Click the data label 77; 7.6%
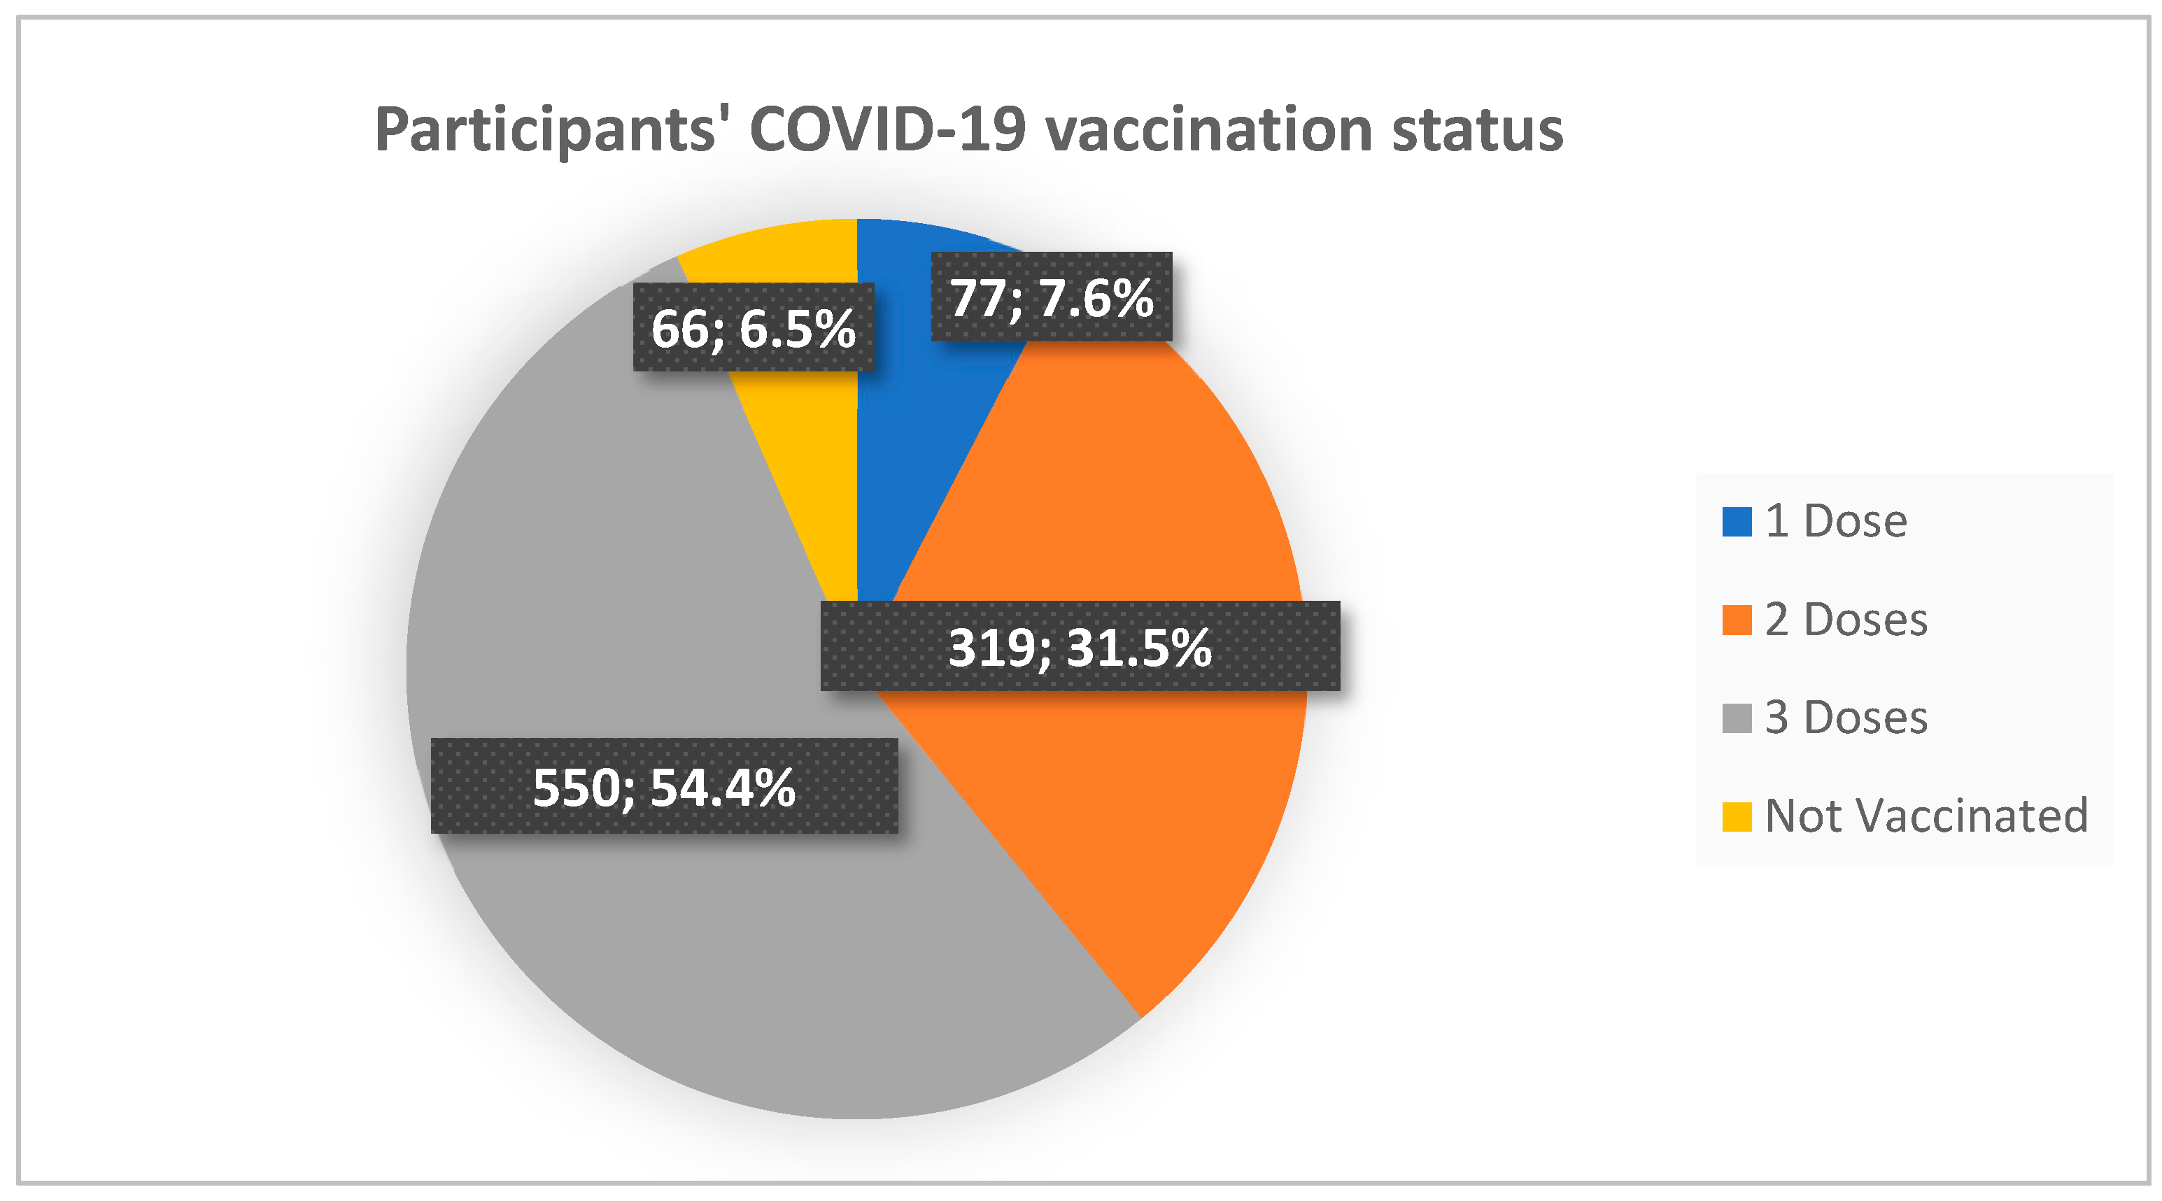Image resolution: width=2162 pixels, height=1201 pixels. coord(1052,297)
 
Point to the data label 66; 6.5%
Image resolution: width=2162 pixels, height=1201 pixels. coord(754,327)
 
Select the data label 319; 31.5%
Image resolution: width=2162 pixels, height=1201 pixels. coord(1080,647)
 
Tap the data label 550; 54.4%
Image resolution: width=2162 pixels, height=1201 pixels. coord(664,786)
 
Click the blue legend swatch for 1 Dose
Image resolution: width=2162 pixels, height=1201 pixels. coord(1737,521)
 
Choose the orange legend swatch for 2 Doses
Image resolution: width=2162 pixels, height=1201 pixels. coord(1737,619)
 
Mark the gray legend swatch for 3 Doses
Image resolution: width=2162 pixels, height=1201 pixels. coord(1737,718)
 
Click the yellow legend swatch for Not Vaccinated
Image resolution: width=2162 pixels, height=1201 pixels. coord(1737,816)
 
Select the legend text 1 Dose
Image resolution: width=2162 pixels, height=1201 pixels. coord(1835,521)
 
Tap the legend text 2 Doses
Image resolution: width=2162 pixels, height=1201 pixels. coord(1846,619)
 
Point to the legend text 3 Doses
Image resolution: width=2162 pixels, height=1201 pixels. coord(1846,718)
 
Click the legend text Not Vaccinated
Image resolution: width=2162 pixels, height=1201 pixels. coord(1926,816)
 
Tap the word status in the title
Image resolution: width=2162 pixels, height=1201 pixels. coord(1477,130)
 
